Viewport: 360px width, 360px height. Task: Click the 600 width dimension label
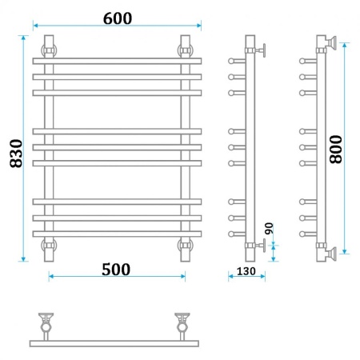click(x=117, y=18)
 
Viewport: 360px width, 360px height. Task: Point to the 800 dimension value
click(x=336, y=149)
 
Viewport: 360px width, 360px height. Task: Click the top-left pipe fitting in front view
click(x=49, y=49)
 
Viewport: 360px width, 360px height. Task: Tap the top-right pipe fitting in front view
click(x=186, y=49)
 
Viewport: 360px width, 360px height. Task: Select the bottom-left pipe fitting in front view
click(x=49, y=246)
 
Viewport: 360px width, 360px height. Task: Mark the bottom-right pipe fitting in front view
click(x=186, y=246)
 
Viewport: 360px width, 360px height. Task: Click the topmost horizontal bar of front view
click(x=117, y=61)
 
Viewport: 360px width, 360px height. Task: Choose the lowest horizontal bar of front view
click(x=117, y=234)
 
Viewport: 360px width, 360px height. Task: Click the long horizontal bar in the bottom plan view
click(x=117, y=342)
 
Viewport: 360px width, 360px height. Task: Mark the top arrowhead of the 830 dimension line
click(x=24, y=37)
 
